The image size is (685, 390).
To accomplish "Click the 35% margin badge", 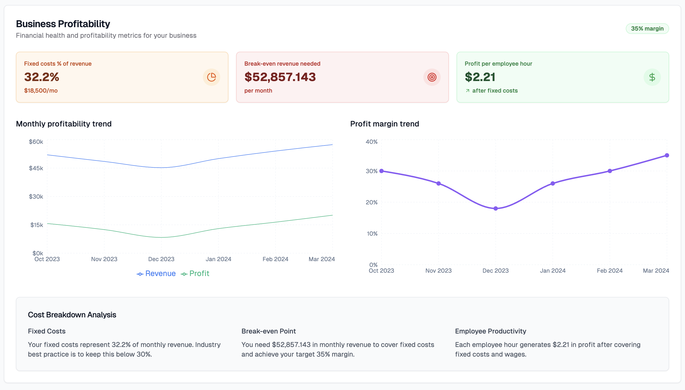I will tap(647, 29).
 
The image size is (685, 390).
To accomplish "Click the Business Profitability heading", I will tap(63, 24).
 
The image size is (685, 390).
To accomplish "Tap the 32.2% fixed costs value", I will tap(42, 77).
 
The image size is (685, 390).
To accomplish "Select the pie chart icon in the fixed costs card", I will tap(211, 77).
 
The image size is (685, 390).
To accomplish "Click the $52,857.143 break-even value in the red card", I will tap(280, 77).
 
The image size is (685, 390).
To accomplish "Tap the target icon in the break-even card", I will tap(432, 77).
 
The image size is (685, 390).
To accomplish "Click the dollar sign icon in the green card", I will tap(652, 77).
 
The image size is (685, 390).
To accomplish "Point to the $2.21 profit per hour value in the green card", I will tap(480, 77).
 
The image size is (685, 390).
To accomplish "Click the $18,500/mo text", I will tap(41, 91).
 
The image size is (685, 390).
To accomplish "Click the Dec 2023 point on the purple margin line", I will tap(495, 208).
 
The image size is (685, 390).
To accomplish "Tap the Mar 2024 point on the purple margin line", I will tap(667, 155).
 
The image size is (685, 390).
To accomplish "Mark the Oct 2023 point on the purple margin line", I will tap(381, 171).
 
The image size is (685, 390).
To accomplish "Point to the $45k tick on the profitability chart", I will tap(36, 168).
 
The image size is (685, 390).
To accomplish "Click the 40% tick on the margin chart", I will tap(371, 142).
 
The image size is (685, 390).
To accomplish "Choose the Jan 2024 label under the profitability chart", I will tap(218, 259).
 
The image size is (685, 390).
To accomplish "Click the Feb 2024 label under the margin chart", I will tap(609, 270).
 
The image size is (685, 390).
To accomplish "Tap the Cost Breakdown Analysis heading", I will tap(72, 315).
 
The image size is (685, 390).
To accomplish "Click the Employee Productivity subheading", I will tap(490, 331).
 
